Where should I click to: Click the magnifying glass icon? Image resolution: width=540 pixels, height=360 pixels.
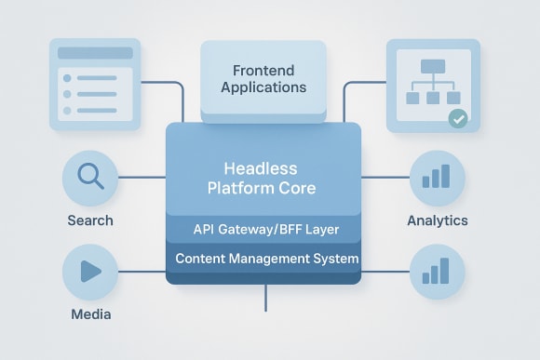89,177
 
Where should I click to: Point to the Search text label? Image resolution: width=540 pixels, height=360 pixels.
90,220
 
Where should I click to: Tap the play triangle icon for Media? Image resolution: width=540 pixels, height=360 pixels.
90,271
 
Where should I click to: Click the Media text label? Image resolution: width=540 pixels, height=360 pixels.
90,313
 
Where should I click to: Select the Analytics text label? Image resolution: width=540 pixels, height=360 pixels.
437,220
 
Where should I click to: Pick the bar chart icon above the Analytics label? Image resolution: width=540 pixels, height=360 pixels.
436,176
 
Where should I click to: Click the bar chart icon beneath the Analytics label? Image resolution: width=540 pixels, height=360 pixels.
436,270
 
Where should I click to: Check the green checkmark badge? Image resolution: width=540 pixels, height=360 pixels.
457,119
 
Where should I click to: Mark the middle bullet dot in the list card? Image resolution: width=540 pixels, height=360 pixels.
66,95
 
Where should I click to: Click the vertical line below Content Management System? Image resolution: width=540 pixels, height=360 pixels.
265,298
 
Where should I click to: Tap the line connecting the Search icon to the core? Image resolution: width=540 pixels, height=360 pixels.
142,177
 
